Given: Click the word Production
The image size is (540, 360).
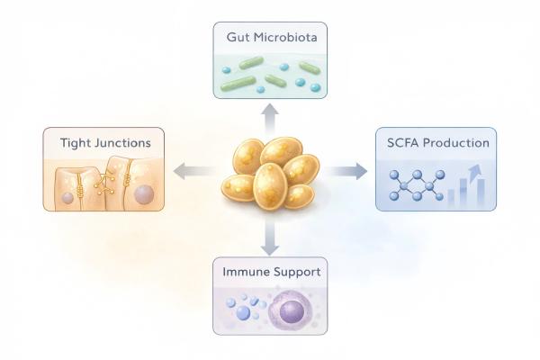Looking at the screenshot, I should [x=459, y=142].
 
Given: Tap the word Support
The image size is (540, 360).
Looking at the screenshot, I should [x=296, y=270].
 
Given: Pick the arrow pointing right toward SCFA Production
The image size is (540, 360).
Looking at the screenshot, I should [x=349, y=171].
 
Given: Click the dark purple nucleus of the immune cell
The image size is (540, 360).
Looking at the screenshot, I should [x=292, y=312].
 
